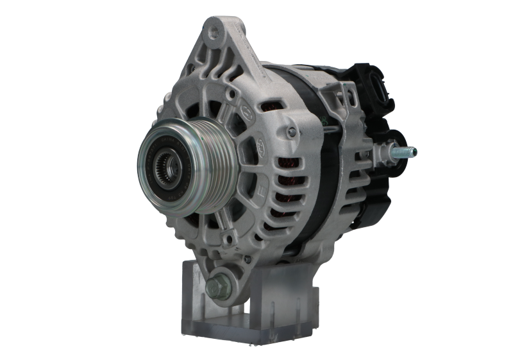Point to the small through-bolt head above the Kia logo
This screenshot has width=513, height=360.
point(292,132)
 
